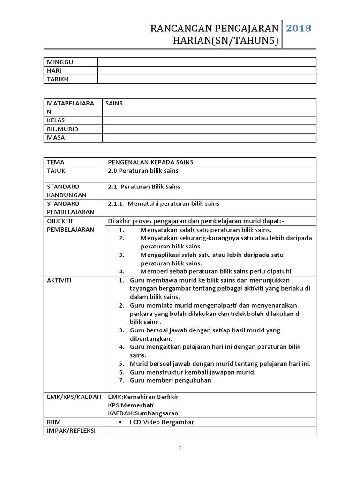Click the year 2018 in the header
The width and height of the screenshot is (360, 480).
(x=299, y=28)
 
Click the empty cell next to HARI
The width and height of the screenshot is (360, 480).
(x=206, y=71)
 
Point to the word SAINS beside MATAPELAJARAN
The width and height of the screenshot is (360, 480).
(x=114, y=103)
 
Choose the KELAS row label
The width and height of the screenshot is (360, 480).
(x=55, y=120)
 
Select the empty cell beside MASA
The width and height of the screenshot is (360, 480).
(x=209, y=138)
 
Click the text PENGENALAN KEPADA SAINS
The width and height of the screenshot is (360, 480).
(x=150, y=162)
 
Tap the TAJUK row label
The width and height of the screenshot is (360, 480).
(x=56, y=171)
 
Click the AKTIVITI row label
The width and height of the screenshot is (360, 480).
(x=59, y=280)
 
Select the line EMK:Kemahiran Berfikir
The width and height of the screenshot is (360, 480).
(x=143, y=397)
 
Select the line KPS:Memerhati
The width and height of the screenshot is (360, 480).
(x=131, y=405)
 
